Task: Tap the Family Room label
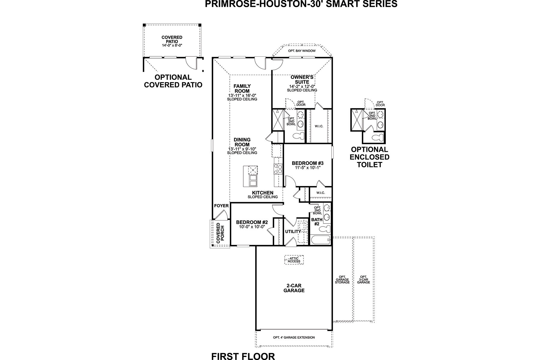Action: (x=242, y=88)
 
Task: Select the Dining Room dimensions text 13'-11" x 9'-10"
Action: (x=242, y=149)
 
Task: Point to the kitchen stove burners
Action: (x=278, y=169)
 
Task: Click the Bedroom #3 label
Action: (x=307, y=163)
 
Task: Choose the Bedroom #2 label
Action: (x=252, y=222)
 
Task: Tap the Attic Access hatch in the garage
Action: (x=294, y=260)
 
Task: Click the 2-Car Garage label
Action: (x=294, y=288)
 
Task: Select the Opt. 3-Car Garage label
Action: (x=363, y=280)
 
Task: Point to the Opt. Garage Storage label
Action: (x=342, y=280)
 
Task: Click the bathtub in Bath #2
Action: (x=319, y=240)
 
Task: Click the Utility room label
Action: (x=293, y=232)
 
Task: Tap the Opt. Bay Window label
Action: (x=301, y=51)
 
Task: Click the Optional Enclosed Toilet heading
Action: (x=369, y=157)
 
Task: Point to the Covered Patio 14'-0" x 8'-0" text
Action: (x=172, y=45)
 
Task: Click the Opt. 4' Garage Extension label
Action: (x=294, y=337)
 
